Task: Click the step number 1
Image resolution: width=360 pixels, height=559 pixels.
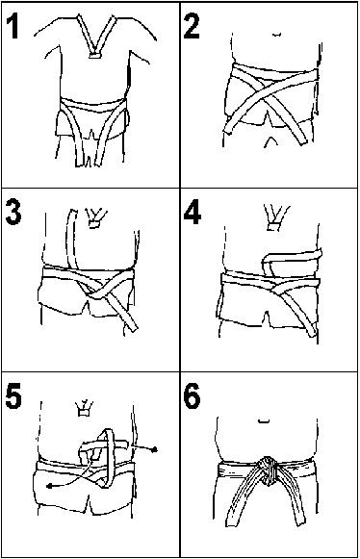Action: click(13, 26)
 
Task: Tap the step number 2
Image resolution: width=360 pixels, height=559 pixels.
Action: click(192, 26)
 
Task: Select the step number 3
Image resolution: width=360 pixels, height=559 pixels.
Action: click(13, 213)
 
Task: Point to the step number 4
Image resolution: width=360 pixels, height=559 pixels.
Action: click(193, 213)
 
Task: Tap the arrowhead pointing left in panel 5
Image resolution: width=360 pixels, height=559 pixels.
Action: click(49, 486)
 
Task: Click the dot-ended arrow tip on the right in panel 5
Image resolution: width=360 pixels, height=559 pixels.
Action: click(154, 450)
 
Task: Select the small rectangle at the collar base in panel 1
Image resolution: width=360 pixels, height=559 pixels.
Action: click(94, 56)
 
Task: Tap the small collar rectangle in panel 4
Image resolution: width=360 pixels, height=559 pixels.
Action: click(274, 226)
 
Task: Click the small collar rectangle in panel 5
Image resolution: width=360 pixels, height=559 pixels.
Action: click(84, 413)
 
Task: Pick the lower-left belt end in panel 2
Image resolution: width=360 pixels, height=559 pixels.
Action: click(229, 129)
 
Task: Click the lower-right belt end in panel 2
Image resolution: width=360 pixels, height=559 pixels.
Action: click(302, 140)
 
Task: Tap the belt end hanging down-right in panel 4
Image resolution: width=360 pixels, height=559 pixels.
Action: click(313, 332)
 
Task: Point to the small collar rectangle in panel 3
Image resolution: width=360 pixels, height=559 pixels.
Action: click(93, 224)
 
